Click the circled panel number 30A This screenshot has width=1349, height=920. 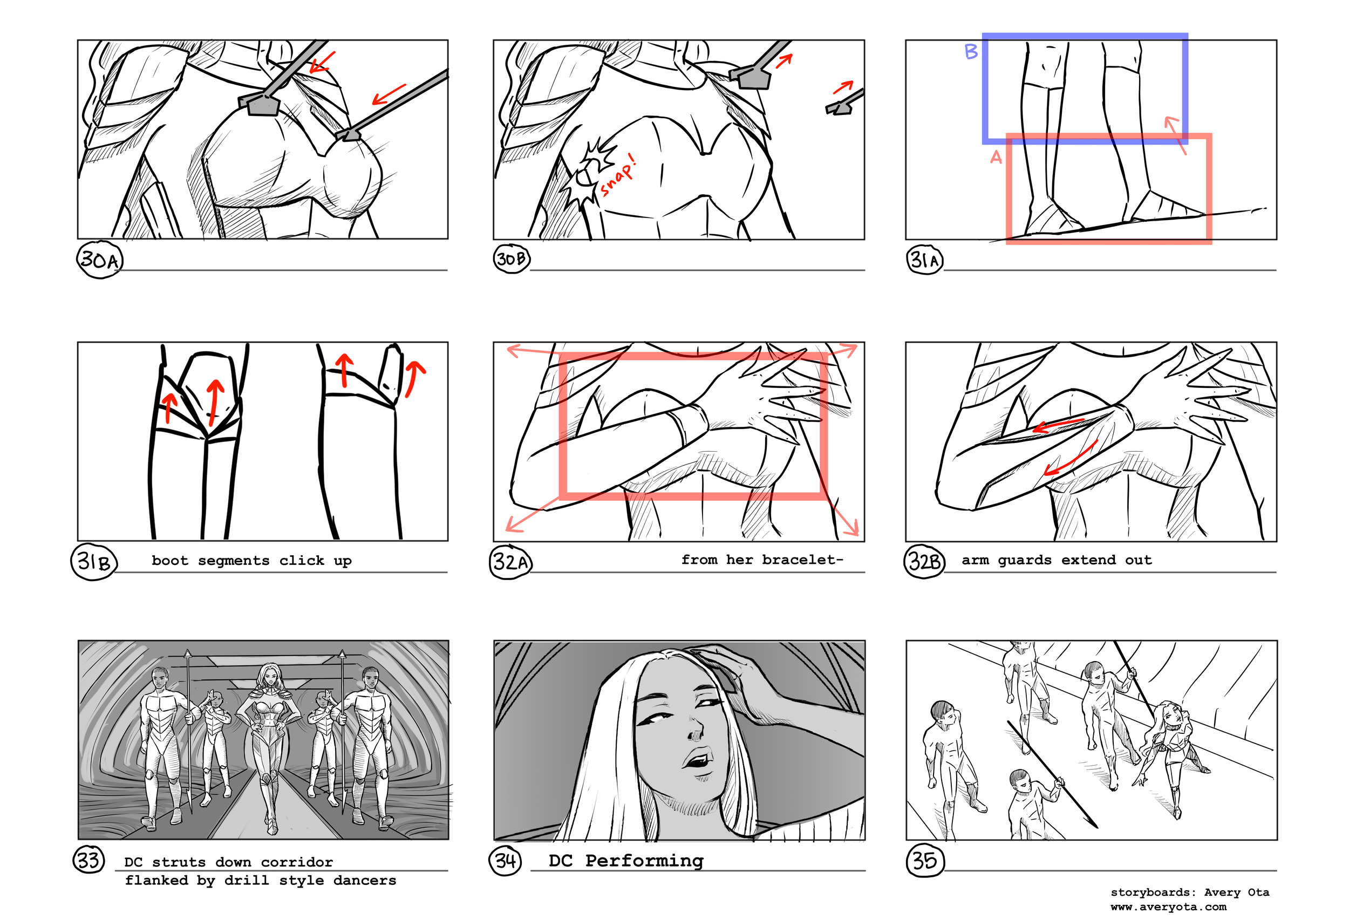99,260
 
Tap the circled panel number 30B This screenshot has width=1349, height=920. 512,259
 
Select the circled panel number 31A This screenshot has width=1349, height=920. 924,260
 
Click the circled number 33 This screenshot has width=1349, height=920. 89,860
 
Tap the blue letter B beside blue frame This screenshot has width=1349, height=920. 971,52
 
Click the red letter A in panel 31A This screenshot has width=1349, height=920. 996,158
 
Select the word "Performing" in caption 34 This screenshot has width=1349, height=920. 644,861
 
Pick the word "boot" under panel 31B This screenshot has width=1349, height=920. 169,561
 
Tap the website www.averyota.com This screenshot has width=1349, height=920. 1168,907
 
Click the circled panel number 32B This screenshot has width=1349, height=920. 924,562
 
